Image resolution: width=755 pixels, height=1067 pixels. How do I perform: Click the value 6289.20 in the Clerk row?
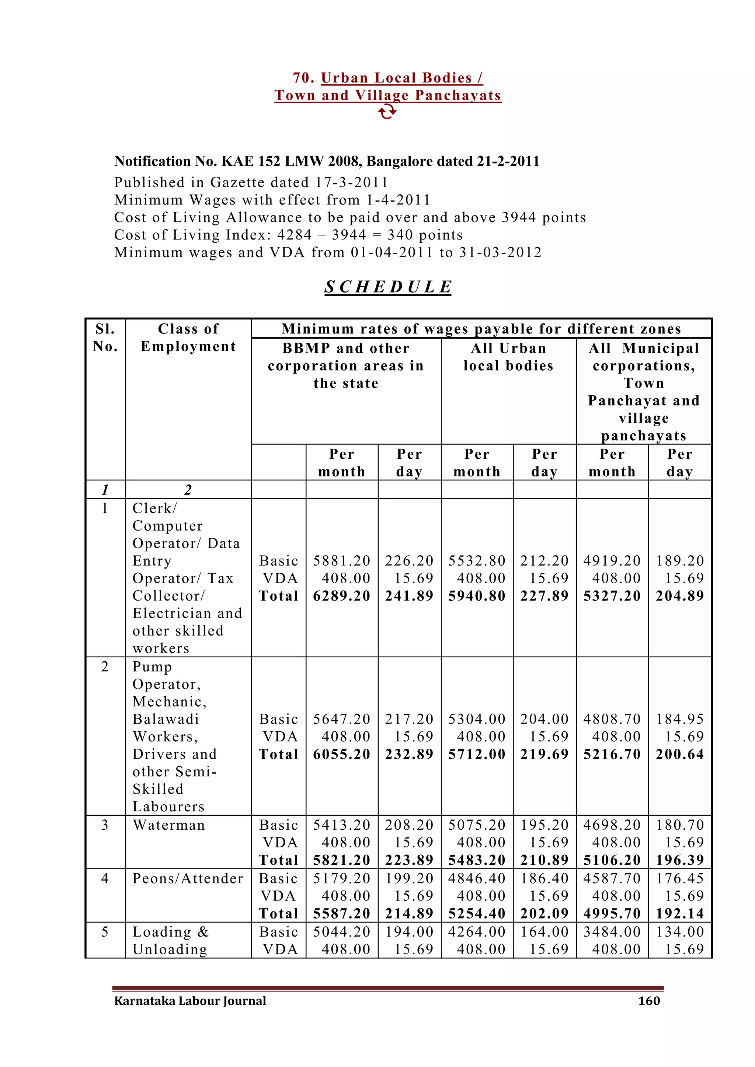point(342,596)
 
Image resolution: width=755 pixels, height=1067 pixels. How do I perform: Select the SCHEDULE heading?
point(388,287)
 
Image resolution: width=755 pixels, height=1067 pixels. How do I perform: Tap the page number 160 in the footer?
point(649,1001)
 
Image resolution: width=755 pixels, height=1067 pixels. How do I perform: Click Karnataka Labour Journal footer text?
point(190,1001)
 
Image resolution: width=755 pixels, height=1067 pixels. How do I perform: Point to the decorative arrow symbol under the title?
point(387,112)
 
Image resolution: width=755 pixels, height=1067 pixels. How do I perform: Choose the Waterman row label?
point(169,825)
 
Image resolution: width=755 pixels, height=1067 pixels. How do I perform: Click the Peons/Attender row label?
point(188,878)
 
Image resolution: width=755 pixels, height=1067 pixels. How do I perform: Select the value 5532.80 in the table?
point(477,561)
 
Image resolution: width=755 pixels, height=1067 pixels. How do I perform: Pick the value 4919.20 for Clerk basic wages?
point(612,561)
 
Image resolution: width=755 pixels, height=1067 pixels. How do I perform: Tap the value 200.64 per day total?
point(680,754)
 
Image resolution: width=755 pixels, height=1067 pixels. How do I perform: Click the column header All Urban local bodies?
point(508,357)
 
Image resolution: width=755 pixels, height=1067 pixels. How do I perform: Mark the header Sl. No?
point(105,338)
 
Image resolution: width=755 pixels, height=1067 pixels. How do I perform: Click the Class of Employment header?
point(188,338)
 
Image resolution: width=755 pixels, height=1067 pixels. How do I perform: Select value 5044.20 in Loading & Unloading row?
point(342,932)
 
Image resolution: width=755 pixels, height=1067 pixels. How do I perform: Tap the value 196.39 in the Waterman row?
point(680,860)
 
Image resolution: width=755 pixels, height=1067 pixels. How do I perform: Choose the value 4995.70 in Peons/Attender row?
point(612,914)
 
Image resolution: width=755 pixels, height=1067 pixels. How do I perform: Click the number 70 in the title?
point(303,78)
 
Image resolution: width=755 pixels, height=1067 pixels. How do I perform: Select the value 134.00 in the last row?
point(680,932)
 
